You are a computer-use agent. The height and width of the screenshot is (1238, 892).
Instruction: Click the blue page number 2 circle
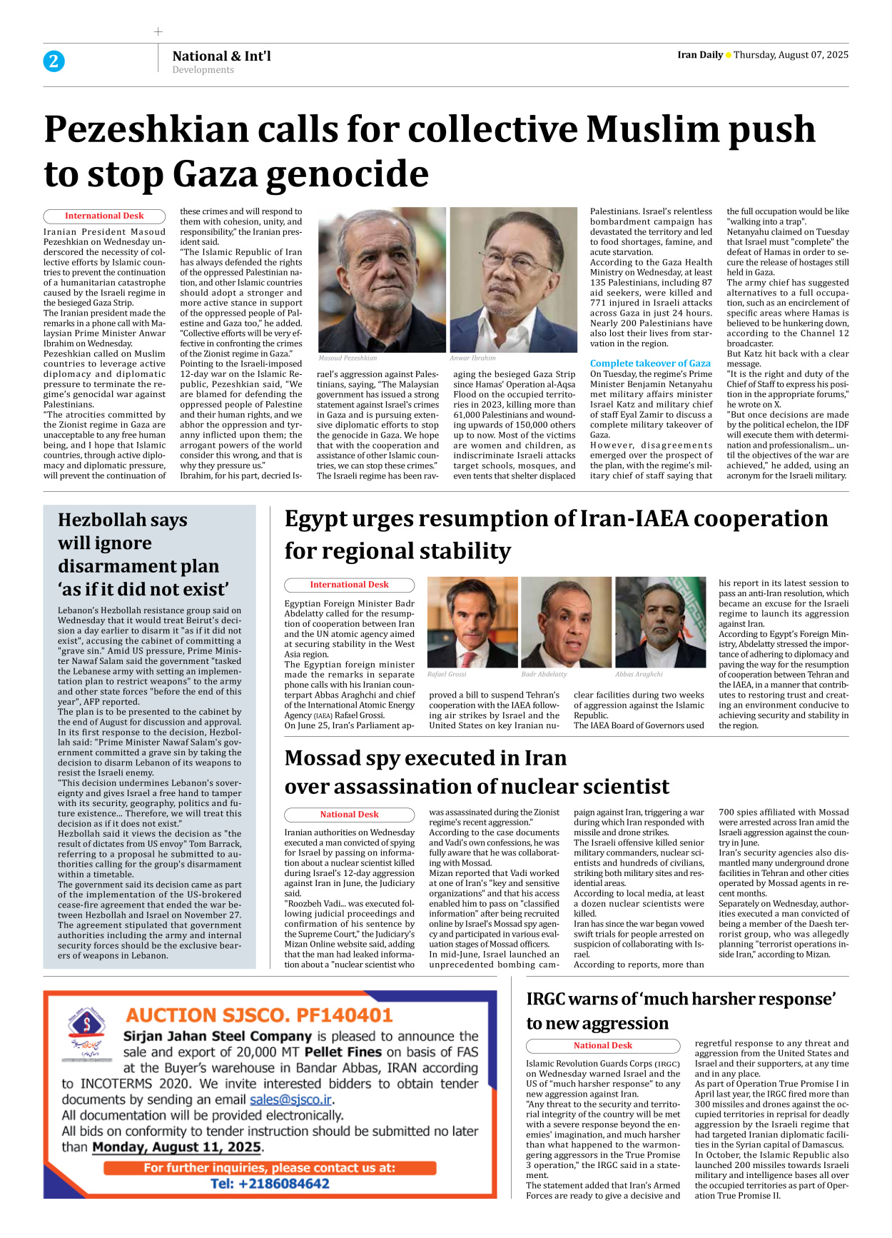click(54, 61)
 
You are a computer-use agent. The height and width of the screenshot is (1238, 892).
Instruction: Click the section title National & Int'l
click(221, 56)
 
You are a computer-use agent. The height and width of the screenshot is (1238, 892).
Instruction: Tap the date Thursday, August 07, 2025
click(791, 55)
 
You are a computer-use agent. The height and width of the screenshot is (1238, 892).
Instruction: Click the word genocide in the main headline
click(341, 173)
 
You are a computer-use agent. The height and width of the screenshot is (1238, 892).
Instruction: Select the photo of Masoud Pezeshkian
click(382, 280)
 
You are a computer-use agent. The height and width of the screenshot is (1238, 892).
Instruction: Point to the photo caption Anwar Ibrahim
click(472, 358)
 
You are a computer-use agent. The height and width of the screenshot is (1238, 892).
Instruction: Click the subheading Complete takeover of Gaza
click(650, 363)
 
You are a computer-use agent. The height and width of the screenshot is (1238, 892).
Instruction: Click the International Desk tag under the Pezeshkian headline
click(104, 216)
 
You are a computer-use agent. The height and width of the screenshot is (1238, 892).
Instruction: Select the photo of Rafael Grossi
click(472, 622)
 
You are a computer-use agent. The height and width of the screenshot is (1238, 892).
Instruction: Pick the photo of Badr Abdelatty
click(566, 622)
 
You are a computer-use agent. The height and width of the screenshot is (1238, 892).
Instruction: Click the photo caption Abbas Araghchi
click(639, 674)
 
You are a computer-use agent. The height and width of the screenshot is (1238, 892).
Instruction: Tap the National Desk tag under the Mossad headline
click(349, 815)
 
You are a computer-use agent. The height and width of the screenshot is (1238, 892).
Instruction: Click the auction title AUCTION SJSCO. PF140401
click(259, 1015)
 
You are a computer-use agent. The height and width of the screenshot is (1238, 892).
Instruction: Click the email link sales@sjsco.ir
click(290, 1099)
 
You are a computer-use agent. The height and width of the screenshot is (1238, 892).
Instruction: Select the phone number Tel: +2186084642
click(270, 1184)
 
